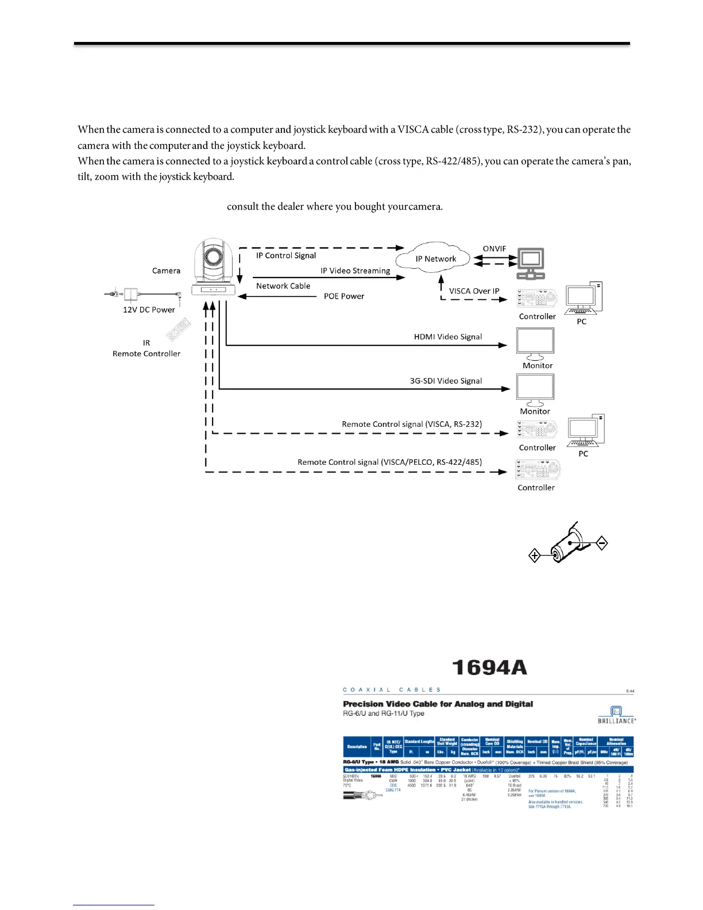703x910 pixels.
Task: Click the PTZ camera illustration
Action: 214,268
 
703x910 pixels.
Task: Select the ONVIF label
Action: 494,249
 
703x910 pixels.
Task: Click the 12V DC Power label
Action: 149,310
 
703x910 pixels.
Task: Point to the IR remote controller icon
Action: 178,330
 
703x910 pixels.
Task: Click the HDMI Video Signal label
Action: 448,337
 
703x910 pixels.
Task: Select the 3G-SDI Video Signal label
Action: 446,381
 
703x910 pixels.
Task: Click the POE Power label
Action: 344,296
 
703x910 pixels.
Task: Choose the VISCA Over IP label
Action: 474,291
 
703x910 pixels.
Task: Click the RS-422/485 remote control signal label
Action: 389,462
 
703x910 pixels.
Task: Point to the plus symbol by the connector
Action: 535,556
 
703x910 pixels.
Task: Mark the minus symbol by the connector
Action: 602,543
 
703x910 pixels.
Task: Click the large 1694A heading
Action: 489,668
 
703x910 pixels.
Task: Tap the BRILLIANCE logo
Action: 617,715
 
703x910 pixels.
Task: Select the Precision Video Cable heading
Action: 438,704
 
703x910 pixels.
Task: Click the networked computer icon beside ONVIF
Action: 531,264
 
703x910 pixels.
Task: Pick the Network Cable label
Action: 283,286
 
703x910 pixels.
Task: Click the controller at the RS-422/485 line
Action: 538,470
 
